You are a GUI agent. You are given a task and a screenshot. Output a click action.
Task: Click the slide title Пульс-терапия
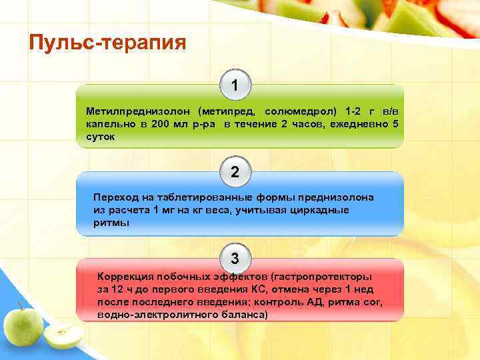click(x=107, y=43)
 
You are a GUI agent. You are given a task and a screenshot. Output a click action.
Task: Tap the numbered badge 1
click(x=235, y=86)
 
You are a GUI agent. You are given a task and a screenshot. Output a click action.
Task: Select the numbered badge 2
click(x=235, y=172)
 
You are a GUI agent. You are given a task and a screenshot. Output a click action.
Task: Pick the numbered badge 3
click(x=235, y=258)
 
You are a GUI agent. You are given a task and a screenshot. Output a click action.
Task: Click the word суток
click(x=100, y=137)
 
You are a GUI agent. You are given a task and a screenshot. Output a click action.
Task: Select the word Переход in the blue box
click(x=115, y=197)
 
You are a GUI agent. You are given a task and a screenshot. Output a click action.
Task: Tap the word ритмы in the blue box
click(x=111, y=223)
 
